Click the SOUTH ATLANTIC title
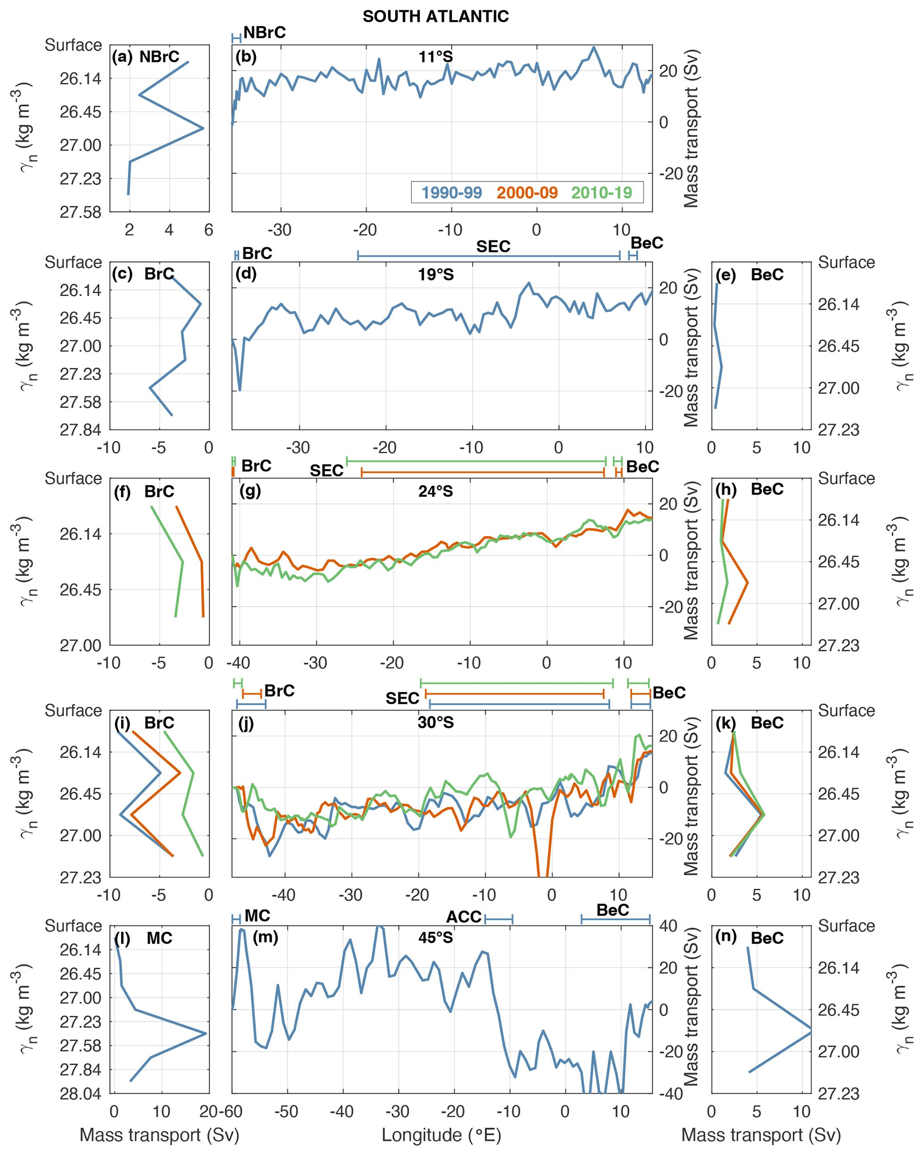click(x=435, y=17)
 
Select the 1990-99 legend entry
click(x=451, y=193)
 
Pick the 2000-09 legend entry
click(x=527, y=193)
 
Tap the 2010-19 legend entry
click(x=601, y=193)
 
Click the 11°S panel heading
click(x=435, y=57)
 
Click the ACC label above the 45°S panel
click(x=464, y=917)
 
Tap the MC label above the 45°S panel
click(x=257, y=915)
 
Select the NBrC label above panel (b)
click(x=264, y=33)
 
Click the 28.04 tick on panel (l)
click(x=80, y=1094)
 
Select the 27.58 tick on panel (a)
click(x=80, y=212)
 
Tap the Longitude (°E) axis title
click(x=441, y=1135)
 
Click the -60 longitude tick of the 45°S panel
click(x=232, y=1111)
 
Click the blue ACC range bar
click(x=499, y=920)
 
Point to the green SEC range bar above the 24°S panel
click(x=476, y=461)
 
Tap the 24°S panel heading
click(x=435, y=491)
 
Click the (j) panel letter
click(x=245, y=724)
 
